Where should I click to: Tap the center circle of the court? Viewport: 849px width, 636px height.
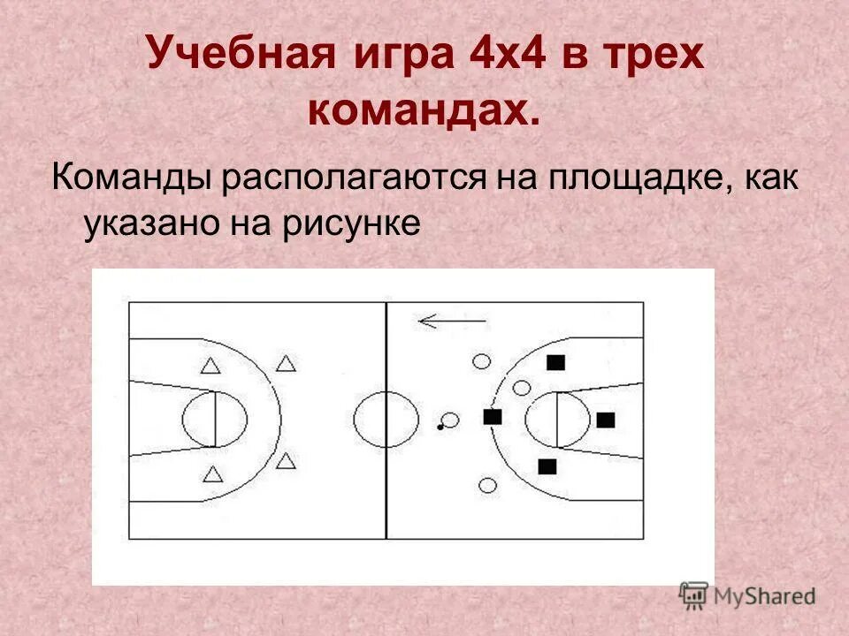pyautogui.click(x=386, y=420)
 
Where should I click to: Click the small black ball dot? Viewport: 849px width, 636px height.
pyautogui.click(x=439, y=428)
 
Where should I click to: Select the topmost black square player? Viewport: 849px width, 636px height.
pyautogui.click(x=555, y=361)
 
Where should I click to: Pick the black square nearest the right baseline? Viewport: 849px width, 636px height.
pyautogui.click(x=605, y=420)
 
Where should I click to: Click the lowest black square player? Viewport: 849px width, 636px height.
pyautogui.click(x=547, y=466)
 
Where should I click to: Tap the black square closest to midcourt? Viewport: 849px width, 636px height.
pyautogui.click(x=493, y=416)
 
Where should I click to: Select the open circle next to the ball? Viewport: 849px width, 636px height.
pyautogui.click(x=450, y=420)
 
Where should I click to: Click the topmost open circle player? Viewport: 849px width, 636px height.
pyautogui.click(x=481, y=360)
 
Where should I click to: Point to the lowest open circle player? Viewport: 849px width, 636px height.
pyautogui.click(x=486, y=484)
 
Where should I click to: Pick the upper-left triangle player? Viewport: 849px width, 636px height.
pyautogui.click(x=210, y=366)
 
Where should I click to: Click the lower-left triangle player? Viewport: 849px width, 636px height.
pyautogui.click(x=212, y=474)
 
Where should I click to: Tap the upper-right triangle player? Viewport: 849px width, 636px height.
pyautogui.click(x=286, y=363)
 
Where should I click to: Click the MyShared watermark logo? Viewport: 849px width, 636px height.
pyautogui.click(x=747, y=594)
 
